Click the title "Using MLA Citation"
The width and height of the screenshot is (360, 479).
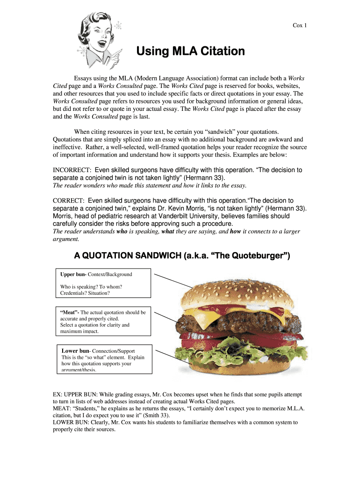(190, 51)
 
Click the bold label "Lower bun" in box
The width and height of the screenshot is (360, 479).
(75, 350)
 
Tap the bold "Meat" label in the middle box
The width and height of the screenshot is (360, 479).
(70, 312)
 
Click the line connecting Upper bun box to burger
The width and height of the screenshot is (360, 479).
(173, 280)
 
